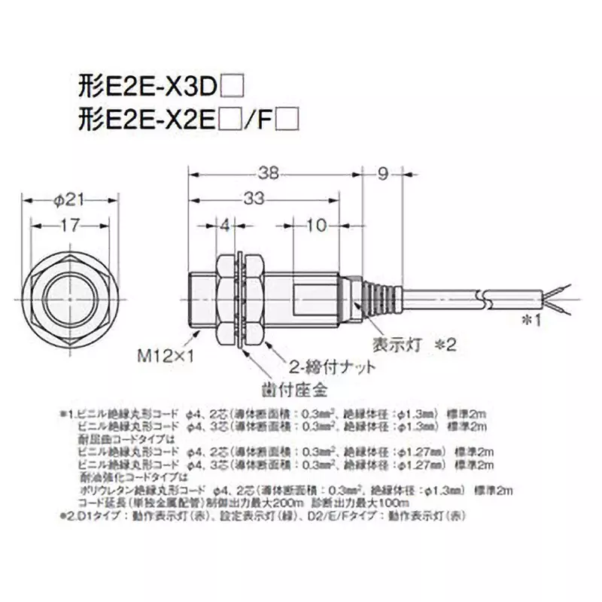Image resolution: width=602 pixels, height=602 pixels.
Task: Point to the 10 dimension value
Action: coord(317,224)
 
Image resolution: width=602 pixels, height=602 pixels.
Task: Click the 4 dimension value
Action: coord(223,224)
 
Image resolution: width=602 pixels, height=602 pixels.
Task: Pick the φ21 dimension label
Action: coord(71,199)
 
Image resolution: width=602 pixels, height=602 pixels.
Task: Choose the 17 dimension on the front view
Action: coord(71,224)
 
